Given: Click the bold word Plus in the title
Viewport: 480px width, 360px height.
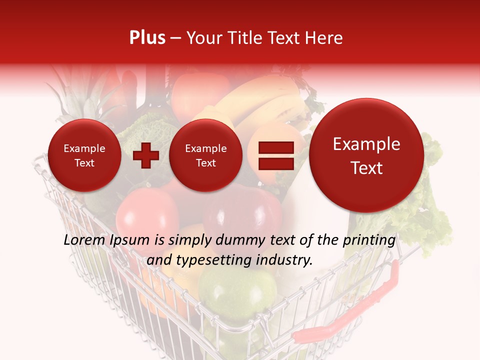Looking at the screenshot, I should coord(147,38).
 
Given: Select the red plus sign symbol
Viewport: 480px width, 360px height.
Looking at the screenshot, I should coord(146,155).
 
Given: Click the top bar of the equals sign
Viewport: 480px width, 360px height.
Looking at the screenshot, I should coord(275,147).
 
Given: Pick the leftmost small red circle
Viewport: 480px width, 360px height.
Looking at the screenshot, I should coord(84,155).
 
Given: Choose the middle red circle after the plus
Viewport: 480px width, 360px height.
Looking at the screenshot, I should coord(205,155).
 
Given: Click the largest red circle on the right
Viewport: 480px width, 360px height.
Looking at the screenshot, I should coord(366,155).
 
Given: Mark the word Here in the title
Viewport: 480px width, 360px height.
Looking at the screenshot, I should coord(325,38).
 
